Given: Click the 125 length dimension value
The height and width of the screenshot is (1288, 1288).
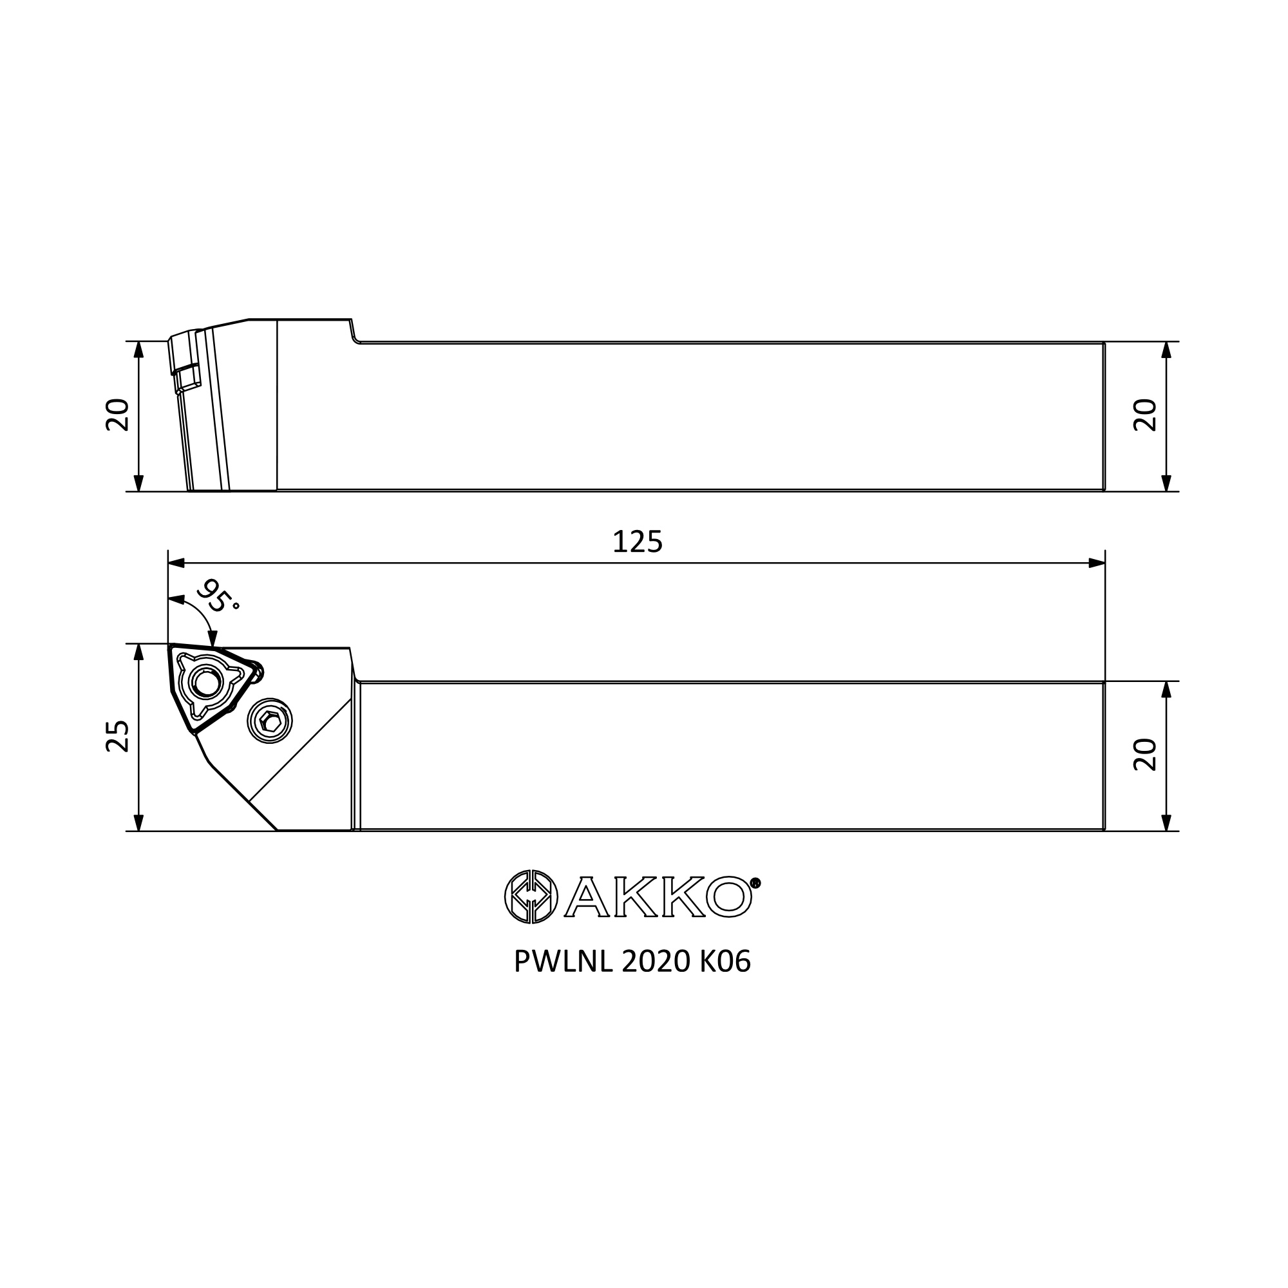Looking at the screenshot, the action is point(638,542).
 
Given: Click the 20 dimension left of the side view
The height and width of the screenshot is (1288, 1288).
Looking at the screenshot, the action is point(117,415).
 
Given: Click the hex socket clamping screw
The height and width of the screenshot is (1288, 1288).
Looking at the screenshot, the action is point(270,720).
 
